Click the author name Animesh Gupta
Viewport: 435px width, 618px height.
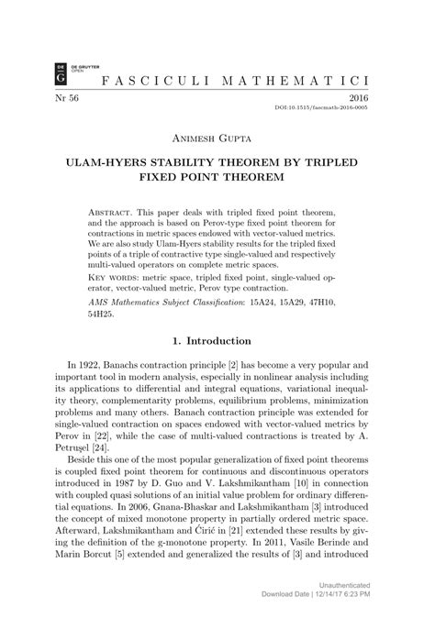[217, 139]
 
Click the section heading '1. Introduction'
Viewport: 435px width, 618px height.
[217, 340]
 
